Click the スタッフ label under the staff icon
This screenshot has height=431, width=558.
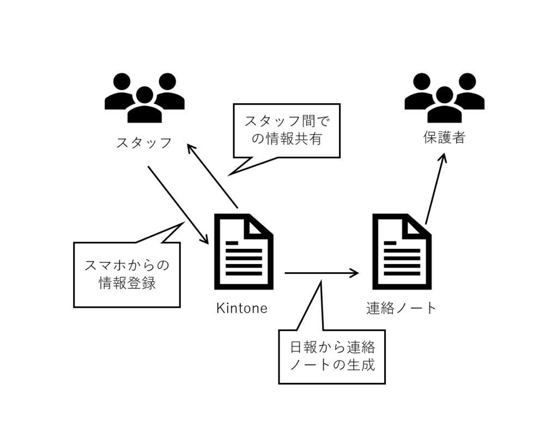pos(144,143)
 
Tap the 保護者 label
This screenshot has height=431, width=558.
pos(444,138)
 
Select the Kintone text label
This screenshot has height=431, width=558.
pos(242,308)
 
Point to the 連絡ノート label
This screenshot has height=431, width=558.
pos(402,308)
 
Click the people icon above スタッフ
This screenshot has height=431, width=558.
pos(144,98)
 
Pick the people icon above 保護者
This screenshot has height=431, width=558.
pos(444,98)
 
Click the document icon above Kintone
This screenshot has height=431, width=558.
pos(243,252)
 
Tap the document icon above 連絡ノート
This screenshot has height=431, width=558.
pos(402,252)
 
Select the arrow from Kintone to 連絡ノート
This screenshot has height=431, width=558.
pos(322,273)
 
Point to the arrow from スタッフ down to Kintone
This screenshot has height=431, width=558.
pos(178,205)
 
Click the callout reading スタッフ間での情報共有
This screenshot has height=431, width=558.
pos(286,131)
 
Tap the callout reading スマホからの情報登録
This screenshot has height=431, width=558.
pos(126,274)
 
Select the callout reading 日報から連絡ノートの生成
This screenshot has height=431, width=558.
pos(332,356)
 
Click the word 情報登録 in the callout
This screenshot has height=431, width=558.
pos(127,284)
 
